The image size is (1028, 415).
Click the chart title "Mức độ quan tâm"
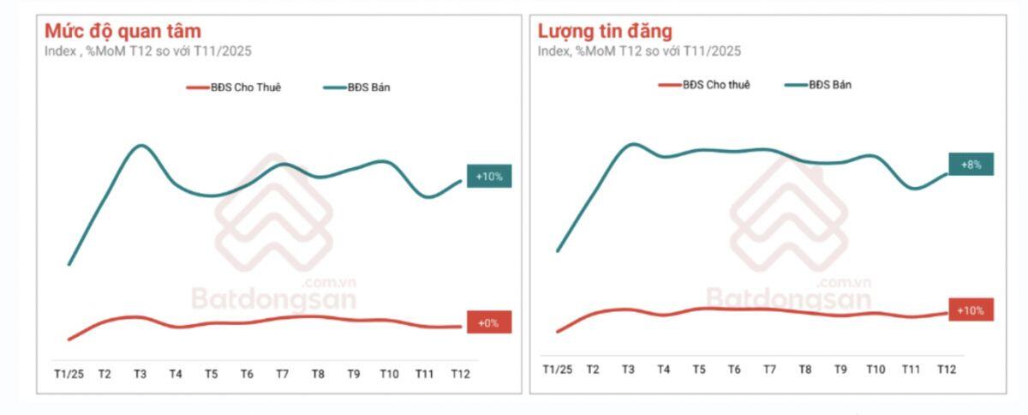(123, 31)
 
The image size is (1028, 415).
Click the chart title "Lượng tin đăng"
(605, 31)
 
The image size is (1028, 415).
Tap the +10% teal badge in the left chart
(489, 177)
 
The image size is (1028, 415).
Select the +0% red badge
(489, 322)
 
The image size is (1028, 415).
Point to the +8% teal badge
(971, 164)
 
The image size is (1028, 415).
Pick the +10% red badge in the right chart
(971, 310)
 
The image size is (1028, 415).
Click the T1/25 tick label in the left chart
(69, 374)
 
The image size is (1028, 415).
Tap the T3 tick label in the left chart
(140, 374)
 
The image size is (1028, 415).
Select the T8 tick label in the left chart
(318, 374)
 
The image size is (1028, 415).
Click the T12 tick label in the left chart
(460, 374)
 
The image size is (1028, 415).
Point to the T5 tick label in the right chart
(699, 369)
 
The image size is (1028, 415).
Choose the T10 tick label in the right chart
(875, 369)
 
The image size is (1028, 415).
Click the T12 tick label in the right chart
(946, 369)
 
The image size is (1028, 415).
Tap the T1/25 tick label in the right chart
(558, 369)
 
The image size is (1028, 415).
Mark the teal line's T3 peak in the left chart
(141, 146)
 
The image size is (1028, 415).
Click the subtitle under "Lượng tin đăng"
(639, 51)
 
